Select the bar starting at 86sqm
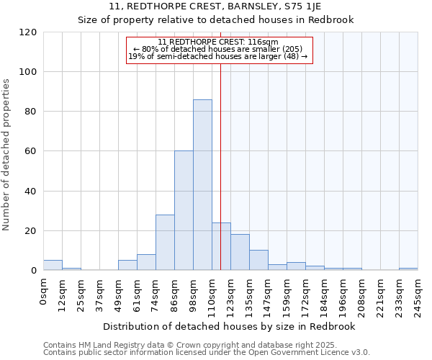(x=184, y=211)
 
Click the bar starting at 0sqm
(x=53, y=266)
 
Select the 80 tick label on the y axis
(x=31, y=112)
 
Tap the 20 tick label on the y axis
(x=31, y=231)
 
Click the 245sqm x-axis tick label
(x=418, y=294)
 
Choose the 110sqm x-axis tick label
(x=212, y=294)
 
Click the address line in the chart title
(x=216, y=6)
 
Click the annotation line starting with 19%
(x=218, y=56)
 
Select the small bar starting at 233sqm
(x=408, y=269)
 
